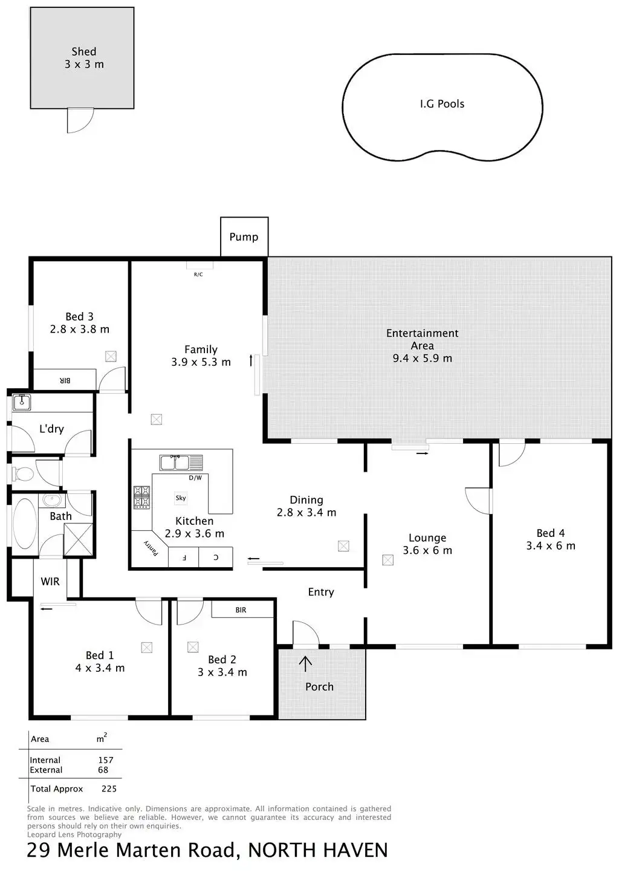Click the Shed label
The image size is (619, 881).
point(84,52)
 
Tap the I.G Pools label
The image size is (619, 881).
point(442,104)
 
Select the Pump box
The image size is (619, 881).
point(244,236)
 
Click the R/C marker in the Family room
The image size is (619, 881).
point(198,274)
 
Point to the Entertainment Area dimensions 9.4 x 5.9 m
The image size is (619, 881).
point(422,358)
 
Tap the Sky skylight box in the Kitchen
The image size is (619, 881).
point(181,498)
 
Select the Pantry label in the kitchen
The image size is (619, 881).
point(151,548)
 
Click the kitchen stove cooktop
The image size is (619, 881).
point(141,497)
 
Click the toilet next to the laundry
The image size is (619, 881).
point(23,473)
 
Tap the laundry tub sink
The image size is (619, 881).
point(22,401)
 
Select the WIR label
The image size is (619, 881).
point(50,581)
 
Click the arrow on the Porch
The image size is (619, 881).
point(306,663)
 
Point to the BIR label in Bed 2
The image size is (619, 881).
point(241,610)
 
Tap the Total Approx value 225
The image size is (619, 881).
point(109,788)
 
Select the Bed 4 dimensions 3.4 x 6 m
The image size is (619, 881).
point(550,546)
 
